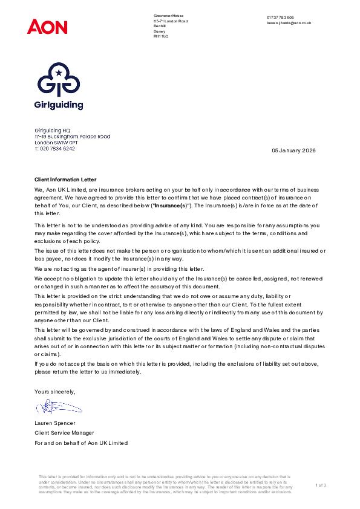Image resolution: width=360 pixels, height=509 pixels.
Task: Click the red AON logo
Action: pyautogui.click(x=47, y=27)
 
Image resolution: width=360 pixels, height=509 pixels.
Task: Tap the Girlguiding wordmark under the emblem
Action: pyautogui.click(x=59, y=105)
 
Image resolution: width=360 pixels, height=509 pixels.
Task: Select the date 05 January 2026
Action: pyautogui.click(x=293, y=150)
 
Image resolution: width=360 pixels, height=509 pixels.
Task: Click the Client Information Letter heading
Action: pyautogui.click(x=65, y=180)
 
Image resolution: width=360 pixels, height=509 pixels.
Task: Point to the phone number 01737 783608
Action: pyautogui.click(x=280, y=18)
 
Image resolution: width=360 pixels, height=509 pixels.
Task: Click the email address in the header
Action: pyautogui.click(x=289, y=23)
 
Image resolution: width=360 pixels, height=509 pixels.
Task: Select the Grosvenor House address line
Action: pyautogui.click(x=168, y=16)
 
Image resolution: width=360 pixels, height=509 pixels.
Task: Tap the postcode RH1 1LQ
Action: pyautogui.click(x=161, y=37)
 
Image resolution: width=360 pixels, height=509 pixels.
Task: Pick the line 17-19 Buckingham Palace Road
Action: pyautogui.click(x=72, y=137)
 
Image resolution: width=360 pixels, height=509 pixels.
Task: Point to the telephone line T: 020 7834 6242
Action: pyautogui.click(x=55, y=148)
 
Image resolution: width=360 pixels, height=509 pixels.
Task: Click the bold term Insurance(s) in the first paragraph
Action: pyautogui.click(x=170, y=206)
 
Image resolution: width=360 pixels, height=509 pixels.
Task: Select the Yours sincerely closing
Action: pyautogui.click(x=55, y=392)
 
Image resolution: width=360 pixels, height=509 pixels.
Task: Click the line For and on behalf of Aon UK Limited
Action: pyautogui.click(x=81, y=443)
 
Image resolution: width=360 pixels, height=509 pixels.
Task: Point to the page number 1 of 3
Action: pyautogui.click(x=321, y=485)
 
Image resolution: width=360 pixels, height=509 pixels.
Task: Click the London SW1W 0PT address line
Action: pyautogui.click(x=56, y=143)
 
